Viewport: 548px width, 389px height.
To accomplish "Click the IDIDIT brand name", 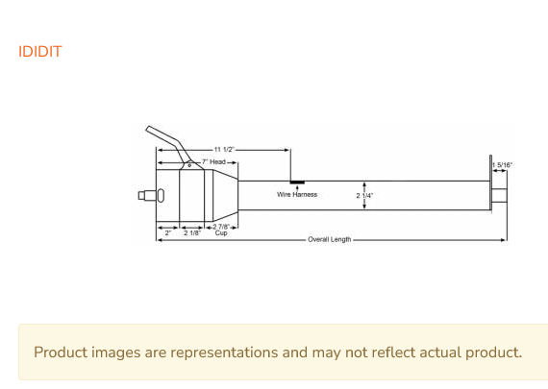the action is [x=40, y=52].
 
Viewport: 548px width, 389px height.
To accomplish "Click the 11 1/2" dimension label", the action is [x=224, y=150].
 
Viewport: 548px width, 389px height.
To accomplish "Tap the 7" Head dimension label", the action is [x=213, y=161].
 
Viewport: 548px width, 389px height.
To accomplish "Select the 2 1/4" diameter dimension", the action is [x=364, y=196].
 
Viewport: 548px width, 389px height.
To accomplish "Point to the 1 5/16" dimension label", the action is [x=502, y=165].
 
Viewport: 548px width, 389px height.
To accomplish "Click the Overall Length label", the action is [x=329, y=239].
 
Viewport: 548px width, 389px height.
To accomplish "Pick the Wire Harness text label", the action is [x=297, y=194].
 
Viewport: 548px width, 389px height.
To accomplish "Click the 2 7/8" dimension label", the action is [x=221, y=227].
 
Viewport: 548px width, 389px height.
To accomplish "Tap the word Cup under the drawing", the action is [x=221, y=232].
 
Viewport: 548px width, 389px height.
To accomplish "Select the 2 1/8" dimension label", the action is [x=192, y=232].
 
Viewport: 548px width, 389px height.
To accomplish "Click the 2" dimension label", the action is [x=168, y=232].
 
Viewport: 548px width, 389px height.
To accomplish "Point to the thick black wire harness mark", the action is [x=297, y=182].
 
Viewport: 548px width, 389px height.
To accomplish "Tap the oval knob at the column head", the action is [x=160, y=196].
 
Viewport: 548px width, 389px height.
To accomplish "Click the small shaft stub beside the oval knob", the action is [x=147, y=196].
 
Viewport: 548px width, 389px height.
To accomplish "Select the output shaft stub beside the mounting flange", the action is [x=499, y=196].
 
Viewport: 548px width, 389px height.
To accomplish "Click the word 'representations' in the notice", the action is [x=224, y=353].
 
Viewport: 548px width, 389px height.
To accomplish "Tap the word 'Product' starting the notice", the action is [x=61, y=352].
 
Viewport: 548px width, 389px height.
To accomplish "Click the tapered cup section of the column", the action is [x=225, y=196].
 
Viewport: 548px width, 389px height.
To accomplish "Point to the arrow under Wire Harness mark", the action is [x=297, y=188].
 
